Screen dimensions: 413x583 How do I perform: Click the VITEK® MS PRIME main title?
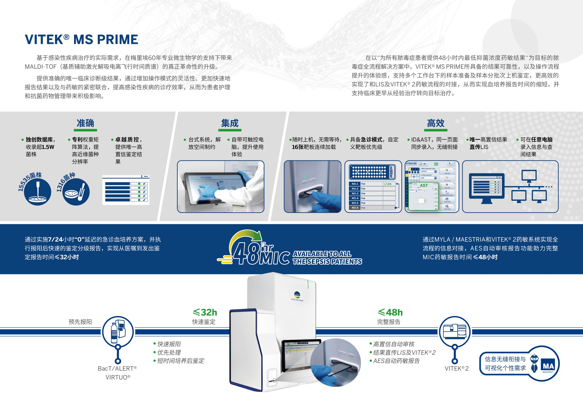81,40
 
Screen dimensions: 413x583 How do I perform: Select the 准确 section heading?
85,123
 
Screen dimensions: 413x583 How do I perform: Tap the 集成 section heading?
230,123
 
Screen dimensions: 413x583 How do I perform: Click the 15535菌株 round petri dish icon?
38,192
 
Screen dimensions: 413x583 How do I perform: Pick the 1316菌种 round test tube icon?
76,192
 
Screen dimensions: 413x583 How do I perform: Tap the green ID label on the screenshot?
436,164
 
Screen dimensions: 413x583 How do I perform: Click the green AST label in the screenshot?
424,186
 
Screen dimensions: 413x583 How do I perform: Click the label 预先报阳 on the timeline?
80,322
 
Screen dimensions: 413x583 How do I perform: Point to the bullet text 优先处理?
169,352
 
